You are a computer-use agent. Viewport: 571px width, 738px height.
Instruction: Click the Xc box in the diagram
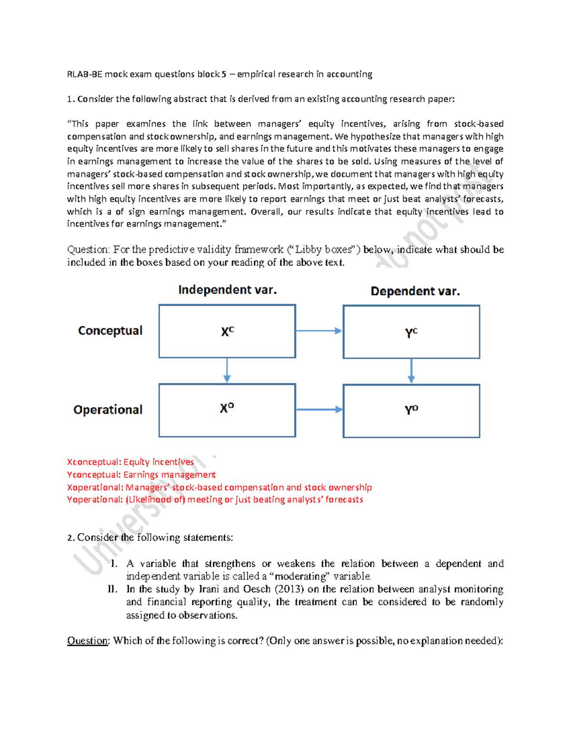[227, 331]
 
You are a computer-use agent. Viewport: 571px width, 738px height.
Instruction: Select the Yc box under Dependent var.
[411, 332]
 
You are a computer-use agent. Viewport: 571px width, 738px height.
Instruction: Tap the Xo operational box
[227, 410]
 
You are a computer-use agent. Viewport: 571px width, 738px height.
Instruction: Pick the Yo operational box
[411, 411]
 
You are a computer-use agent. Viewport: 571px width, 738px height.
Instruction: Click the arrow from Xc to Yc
[319, 331]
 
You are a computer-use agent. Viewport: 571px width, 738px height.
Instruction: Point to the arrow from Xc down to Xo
[227, 371]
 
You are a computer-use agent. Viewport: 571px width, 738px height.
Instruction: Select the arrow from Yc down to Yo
[411, 371]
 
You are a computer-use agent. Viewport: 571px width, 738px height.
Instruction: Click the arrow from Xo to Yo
[319, 410]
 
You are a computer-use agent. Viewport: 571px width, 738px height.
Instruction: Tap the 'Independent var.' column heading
[227, 290]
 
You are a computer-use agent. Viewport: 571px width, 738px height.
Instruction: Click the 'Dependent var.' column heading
[415, 291]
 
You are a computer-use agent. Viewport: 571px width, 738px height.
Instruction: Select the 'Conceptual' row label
[110, 331]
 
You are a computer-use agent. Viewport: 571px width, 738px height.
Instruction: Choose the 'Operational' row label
[108, 410]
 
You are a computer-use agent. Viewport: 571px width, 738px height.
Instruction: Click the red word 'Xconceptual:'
[94, 462]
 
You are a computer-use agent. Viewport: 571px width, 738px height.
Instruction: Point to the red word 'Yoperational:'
[95, 499]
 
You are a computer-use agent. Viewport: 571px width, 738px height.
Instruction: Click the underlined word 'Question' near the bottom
[88, 641]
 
